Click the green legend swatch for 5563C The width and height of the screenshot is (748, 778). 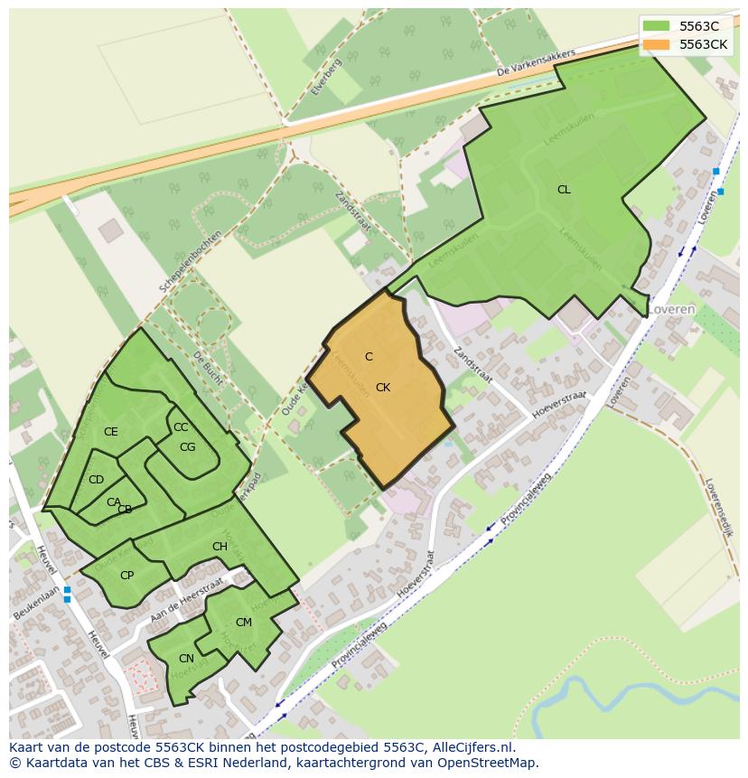[x=657, y=25]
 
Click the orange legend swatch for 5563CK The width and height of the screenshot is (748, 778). [x=657, y=43]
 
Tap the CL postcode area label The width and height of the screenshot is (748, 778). [x=564, y=190]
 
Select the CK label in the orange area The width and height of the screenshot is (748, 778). [x=383, y=387]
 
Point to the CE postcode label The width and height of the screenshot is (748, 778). [x=111, y=432]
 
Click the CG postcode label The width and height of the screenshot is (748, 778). [x=188, y=446]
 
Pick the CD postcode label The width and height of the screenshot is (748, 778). [x=97, y=480]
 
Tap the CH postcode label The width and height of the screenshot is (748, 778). [x=220, y=547]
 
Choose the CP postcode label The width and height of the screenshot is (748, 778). [x=127, y=575]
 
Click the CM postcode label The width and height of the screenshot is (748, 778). [x=244, y=622]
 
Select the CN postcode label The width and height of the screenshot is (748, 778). [x=186, y=658]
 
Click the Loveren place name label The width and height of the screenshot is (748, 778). [x=670, y=309]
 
